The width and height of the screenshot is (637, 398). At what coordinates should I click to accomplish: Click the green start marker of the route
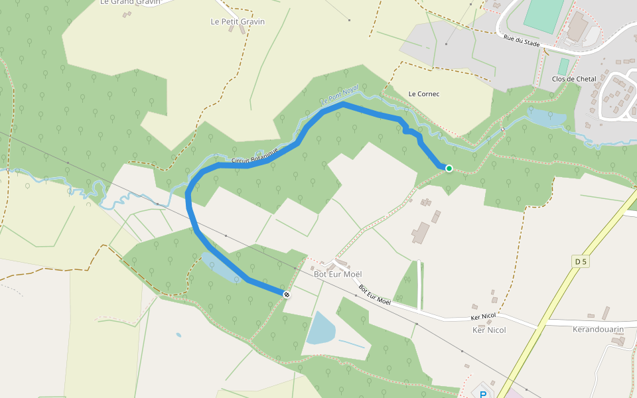(449, 168)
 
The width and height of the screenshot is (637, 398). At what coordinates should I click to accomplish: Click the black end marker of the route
(287, 295)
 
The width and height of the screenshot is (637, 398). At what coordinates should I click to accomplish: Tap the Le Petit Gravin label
(238, 22)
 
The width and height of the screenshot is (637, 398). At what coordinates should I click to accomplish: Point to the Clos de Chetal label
(574, 80)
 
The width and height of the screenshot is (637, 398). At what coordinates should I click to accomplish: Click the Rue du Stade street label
(522, 41)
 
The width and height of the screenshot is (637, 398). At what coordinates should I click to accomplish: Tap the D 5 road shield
(581, 262)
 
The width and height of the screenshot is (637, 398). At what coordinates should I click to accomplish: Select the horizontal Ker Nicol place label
(489, 330)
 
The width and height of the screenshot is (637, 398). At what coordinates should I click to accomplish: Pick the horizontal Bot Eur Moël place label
(338, 274)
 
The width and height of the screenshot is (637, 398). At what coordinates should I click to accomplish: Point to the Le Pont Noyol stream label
(339, 96)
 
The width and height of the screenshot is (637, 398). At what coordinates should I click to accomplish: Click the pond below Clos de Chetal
(545, 119)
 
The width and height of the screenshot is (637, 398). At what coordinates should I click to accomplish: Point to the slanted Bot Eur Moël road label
(375, 296)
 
